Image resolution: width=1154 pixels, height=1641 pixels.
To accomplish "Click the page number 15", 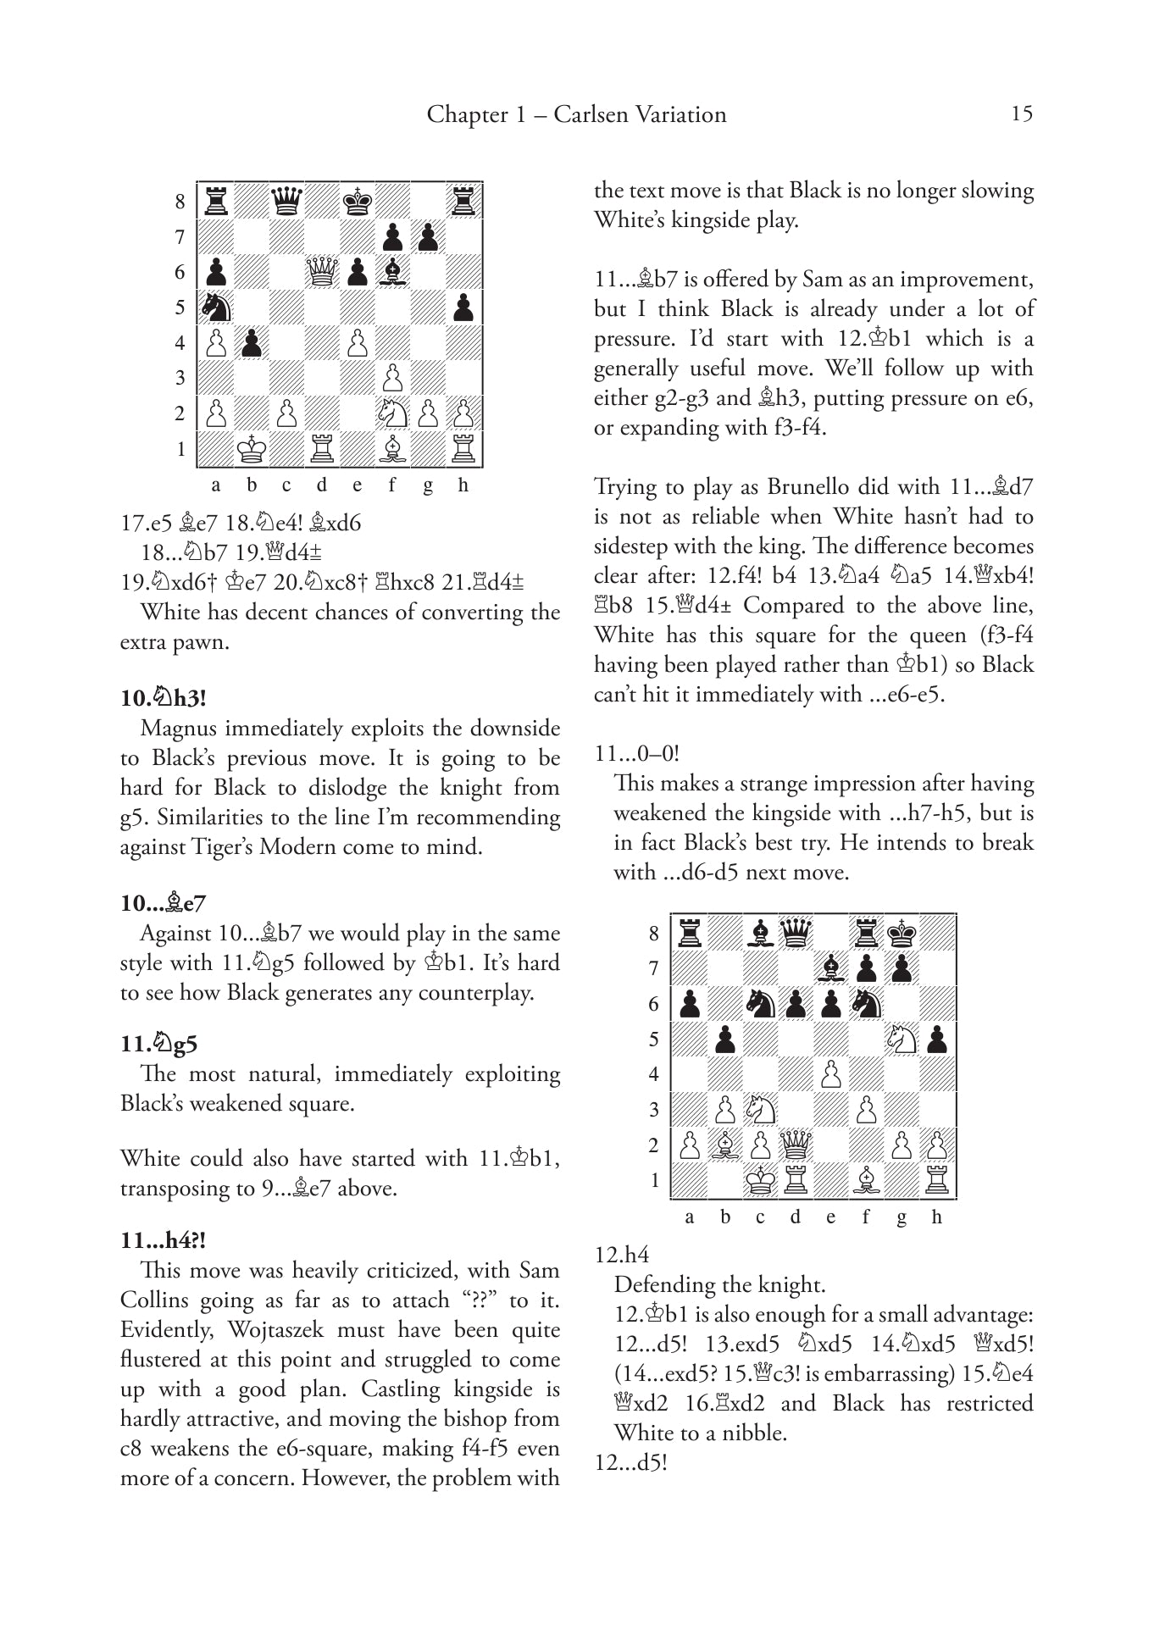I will [x=1022, y=114].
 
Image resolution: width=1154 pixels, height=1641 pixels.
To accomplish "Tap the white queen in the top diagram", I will [x=322, y=272].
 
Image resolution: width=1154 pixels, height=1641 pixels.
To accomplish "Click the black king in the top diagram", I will [x=358, y=202].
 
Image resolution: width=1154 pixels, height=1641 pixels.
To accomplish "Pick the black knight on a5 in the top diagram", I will [x=216, y=307].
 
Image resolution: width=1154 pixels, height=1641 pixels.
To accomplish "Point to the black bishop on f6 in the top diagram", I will [x=392, y=272].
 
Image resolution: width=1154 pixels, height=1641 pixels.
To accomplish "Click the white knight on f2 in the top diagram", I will [x=392, y=413].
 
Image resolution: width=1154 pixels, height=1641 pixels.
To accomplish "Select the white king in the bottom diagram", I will [x=760, y=1180].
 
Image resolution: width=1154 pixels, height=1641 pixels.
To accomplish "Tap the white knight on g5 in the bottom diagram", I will [x=902, y=1039].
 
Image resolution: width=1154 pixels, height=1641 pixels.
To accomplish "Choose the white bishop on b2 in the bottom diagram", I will [x=725, y=1145].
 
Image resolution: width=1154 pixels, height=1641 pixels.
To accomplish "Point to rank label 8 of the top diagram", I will [x=180, y=202].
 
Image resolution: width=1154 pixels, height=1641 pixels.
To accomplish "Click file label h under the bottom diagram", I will [x=936, y=1217].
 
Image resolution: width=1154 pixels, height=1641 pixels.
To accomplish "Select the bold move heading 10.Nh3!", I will [x=164, y=698].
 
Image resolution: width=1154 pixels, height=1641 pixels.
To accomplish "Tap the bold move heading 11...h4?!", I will [x=163, y=1240].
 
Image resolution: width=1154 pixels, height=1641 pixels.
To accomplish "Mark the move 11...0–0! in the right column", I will [x=637, y=753].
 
